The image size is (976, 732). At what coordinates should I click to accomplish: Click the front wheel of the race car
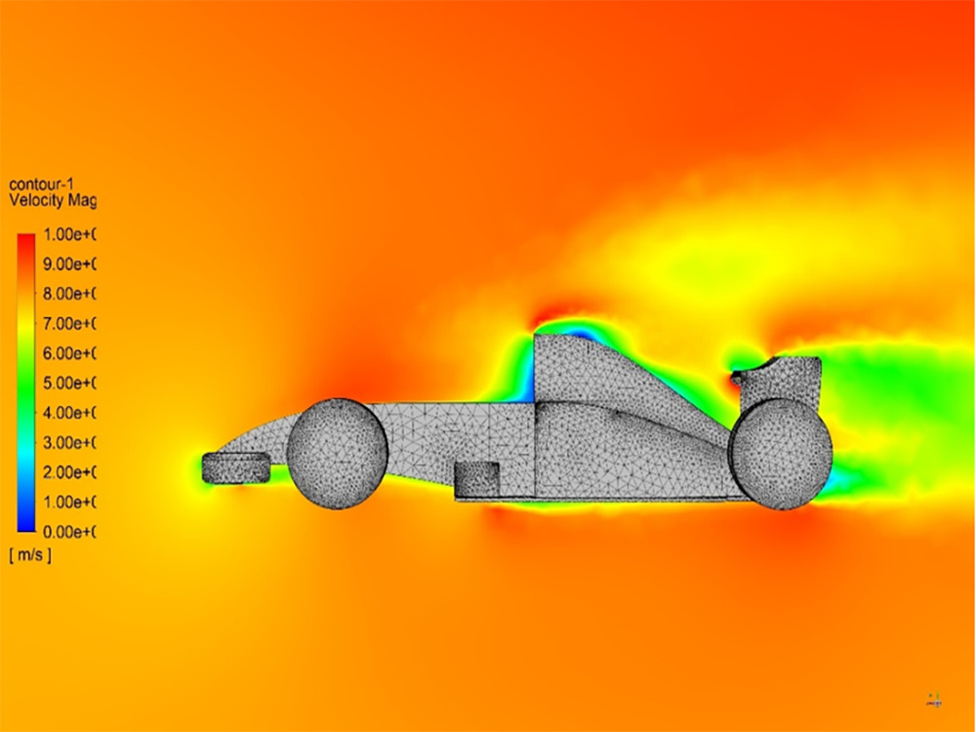(x=337, y=453)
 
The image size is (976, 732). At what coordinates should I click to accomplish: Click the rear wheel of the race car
(x=781, y=454)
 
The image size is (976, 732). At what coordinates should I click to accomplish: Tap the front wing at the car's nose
(x=235, y=468)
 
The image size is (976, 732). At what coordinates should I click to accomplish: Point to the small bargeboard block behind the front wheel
(x=476, y=478)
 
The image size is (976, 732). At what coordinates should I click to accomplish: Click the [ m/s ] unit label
(x=30, y=555)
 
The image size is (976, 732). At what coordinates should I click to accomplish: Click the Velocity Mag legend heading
(x=53, y=200)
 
